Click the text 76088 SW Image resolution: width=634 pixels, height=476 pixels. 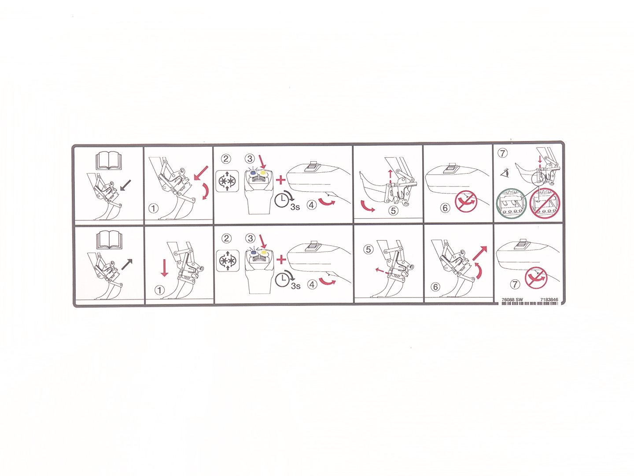click(x=512, y=300)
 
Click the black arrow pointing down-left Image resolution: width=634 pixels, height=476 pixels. click(x=125, y=186)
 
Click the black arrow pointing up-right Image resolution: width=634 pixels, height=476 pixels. click(x=127, y=264)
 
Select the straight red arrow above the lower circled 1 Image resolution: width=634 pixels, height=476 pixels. click(x=164, y=268)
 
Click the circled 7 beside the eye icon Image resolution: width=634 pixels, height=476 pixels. click(x=503, y=153)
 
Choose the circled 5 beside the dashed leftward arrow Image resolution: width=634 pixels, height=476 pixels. click(x=368, y=249)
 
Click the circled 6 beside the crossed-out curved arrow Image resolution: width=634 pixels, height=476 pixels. click(x=445, y=208)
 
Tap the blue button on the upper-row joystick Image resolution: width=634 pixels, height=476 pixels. click(x=253, y=172)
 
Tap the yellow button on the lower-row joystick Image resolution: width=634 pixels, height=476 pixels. click(x=263, y=253)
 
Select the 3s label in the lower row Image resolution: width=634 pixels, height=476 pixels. click(x=295, y=286)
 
